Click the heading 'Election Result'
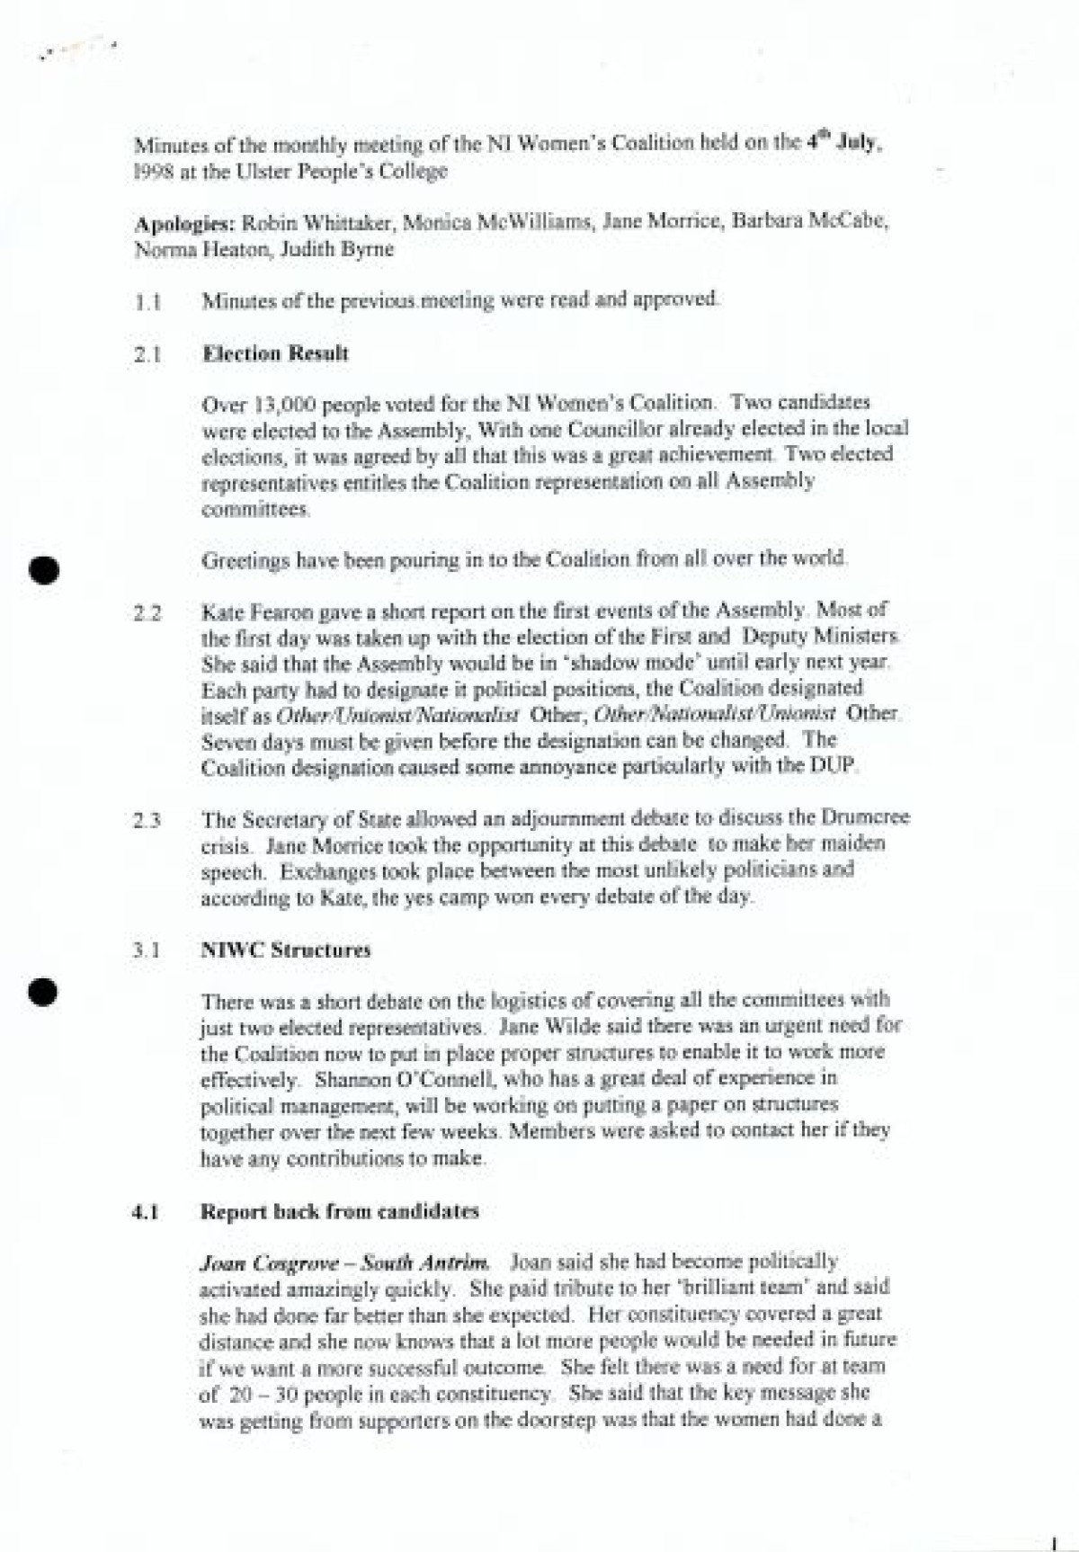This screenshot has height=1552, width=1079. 275,353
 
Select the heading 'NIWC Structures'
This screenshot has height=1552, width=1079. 285,950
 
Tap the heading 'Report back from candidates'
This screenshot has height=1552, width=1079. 339,1211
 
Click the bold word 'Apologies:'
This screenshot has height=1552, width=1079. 184,223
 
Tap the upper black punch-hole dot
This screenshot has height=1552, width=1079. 43,571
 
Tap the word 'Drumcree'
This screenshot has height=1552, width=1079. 864,818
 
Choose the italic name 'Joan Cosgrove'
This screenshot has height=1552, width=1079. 251,1262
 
